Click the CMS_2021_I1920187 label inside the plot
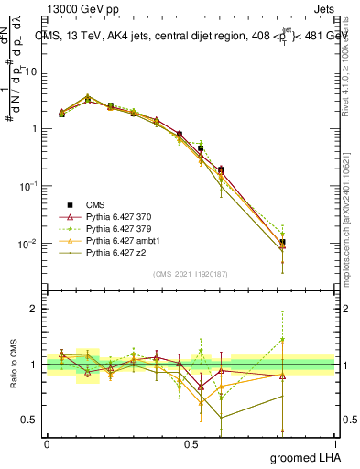click(x=190, y=273)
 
